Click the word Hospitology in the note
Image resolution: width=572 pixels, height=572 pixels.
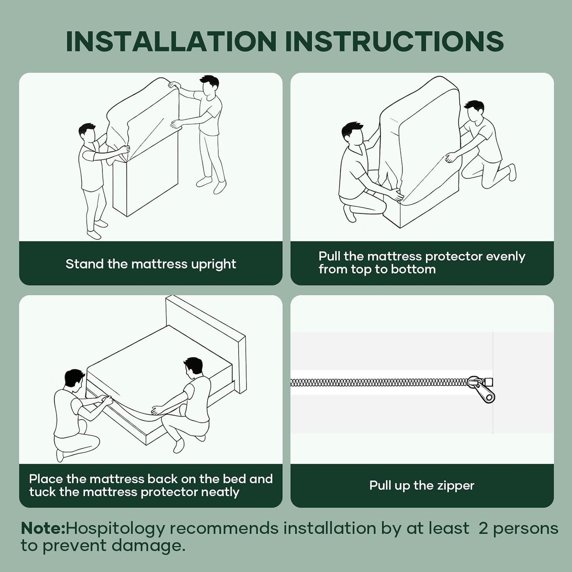coord(115,529)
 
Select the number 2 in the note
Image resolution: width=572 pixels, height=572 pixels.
coord(483,529)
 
